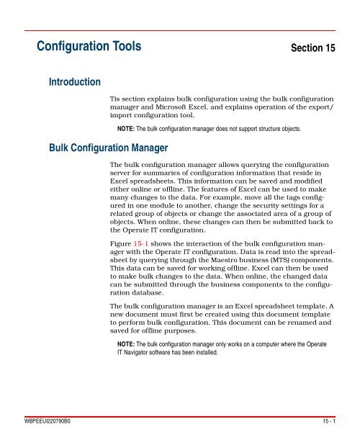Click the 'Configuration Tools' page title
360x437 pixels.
click(89, 49)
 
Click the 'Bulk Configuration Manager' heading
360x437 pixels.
click(107, 148)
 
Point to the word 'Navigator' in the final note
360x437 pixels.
click(142, 354)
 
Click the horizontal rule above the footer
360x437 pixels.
click(180, 415)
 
